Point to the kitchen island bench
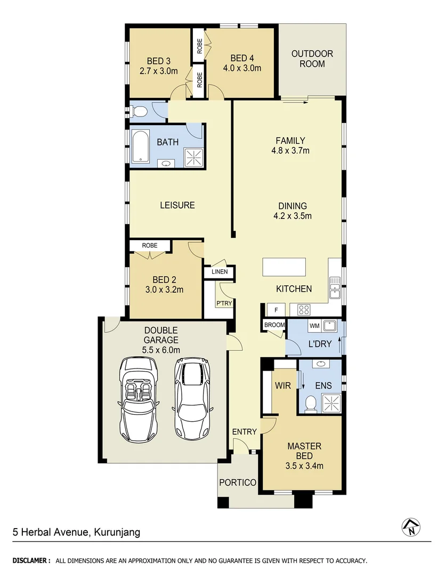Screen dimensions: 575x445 284,267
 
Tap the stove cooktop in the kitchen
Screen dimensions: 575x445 304,309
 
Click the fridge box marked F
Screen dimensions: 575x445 276,309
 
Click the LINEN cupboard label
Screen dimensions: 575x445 219,272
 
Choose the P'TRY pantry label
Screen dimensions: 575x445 222,303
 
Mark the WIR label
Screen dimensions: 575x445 282,385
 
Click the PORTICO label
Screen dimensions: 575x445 238,482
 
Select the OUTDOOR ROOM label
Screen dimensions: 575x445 312,59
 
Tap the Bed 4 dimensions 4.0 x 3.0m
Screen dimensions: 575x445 246,68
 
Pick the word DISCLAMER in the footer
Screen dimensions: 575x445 31,561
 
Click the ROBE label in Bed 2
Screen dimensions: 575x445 150,245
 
